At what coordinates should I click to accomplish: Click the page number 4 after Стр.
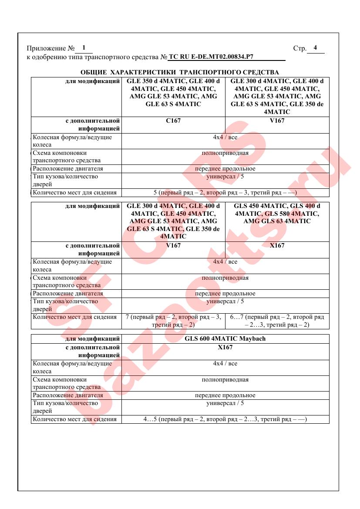click(x=315, y=48)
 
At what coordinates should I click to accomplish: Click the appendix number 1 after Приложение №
click(x=84, y=48)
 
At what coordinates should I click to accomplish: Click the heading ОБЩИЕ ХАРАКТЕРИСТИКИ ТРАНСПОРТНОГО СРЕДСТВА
click(x=180, y=72)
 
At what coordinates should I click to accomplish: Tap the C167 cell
click(x=173, y=121)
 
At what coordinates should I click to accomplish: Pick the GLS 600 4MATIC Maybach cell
click(x=225, y=338)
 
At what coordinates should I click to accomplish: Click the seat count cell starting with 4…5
click(x=225, y=419)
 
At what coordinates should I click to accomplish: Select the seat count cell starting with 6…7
click(x=277, y=321)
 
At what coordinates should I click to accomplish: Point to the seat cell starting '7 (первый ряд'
click(x=173, y=321)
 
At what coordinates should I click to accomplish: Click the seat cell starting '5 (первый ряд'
click(x=225, y=192)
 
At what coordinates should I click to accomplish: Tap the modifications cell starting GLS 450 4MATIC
click(x=277, y=213)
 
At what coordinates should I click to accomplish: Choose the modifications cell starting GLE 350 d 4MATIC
click(x=173, y=92)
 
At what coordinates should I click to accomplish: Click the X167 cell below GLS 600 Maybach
click(x=225, y=347)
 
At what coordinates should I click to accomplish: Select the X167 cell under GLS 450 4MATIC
click(x=277, y=245)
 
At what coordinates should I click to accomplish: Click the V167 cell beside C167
click(x=277, y=121)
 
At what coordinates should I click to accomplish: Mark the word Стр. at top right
click(x=299, y=48)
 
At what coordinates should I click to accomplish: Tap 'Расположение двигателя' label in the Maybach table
click(x=68, y=395)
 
